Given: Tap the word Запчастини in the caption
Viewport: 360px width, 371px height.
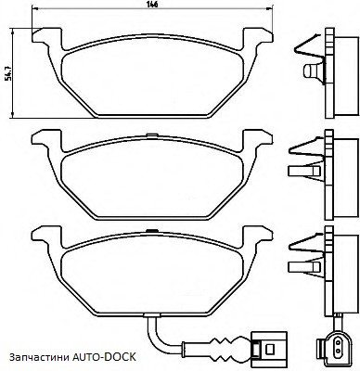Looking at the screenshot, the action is click(39, 357).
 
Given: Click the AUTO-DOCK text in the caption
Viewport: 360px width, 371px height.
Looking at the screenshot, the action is click(104, 357).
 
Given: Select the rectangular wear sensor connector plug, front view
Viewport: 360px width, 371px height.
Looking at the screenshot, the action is click(268, 347).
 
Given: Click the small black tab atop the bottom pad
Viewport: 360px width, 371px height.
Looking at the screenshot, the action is click(151, 231).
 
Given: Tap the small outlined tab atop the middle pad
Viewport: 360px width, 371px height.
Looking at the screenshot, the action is click(151, 134).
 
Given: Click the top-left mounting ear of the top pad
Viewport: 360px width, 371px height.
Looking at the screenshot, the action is click(47, 35).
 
